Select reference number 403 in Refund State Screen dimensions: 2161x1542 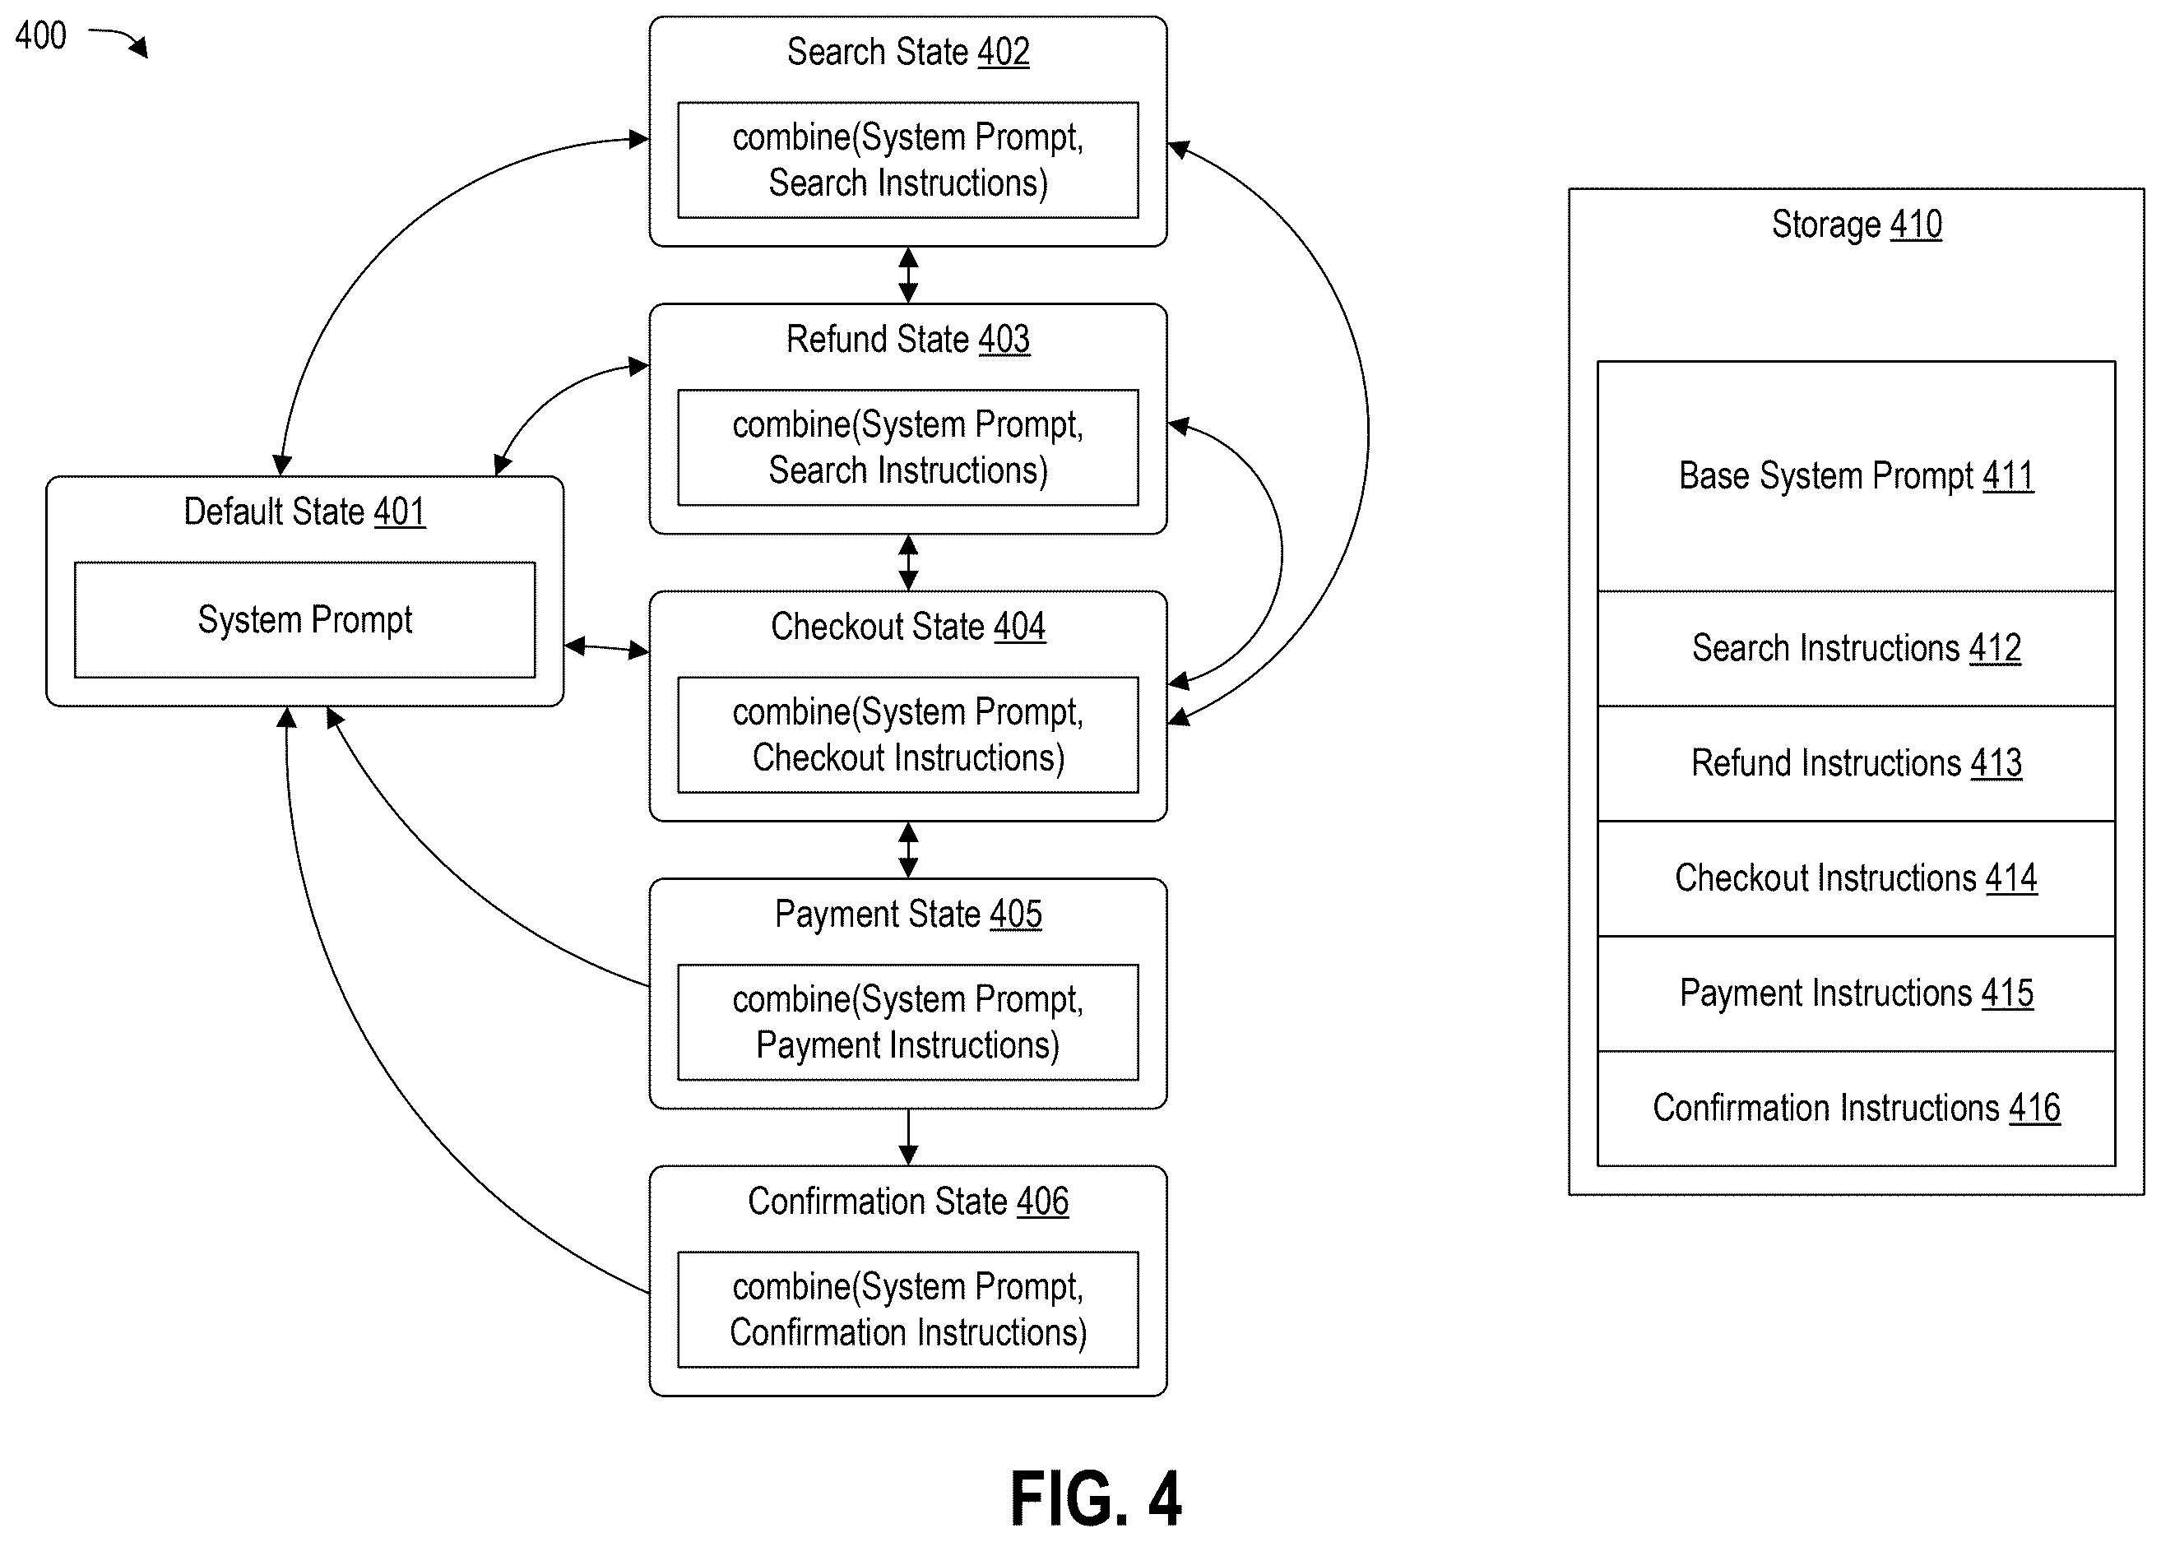(x=1004, y=340)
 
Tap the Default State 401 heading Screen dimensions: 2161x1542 (x=304, y=512)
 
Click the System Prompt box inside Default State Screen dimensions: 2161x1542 (x=305, y=620)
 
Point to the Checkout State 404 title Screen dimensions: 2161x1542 (x=907, y=627)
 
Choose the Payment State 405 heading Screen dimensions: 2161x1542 (x=907, y=915)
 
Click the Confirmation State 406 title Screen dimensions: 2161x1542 (x=907, y=1202)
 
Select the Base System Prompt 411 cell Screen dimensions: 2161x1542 (x=1856, y=475)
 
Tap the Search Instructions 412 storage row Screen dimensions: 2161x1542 (x=1856, y=649)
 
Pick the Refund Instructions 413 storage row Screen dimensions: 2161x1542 (x=1856, y=763)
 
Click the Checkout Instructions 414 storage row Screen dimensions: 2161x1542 (x=1856, y=878)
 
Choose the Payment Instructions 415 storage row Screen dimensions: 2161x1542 (x=1856, y=993)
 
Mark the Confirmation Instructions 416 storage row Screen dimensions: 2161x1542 (x=1856, y=1108)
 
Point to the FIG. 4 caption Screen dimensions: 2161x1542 (x=1096, y=1498)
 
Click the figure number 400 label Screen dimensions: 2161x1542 (x=41, y=36)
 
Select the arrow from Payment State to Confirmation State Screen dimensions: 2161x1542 (x=907, y=1137)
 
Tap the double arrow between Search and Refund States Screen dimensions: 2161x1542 (x=907, y=276)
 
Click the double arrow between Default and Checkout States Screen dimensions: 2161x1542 (x=607, y=649)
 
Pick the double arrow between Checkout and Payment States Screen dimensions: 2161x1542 (x=907, y=850)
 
